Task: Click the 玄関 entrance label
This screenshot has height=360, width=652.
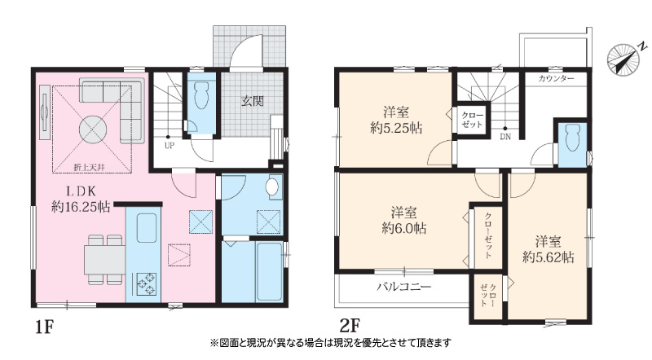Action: click(x=253, y=101)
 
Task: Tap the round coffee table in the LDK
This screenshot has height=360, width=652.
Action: click(x=93, y=130)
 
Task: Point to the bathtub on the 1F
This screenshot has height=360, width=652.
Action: click(x=270, y=271)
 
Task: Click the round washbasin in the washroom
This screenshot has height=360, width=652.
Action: click(x=272, y=187)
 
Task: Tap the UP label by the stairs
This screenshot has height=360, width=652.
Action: click(x=170, y=146)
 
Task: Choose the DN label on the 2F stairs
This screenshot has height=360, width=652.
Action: click(x=505, y=137)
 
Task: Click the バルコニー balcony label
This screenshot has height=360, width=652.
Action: click(x=404, y=287)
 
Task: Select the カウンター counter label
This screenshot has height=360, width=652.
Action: click(x=556, y=78)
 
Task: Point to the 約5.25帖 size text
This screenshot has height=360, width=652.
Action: click(x=396, y=128)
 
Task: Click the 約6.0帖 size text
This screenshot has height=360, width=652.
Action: click(x=403, y=229)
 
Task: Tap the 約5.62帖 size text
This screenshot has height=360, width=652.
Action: click(x=548, y=257)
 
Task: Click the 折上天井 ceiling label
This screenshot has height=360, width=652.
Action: click(x=89, y=167)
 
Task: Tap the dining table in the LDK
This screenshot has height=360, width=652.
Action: click(x=105, y=260)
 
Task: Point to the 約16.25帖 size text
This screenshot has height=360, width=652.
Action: click(x=81, y=207)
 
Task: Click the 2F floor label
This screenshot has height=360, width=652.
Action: click(x=350, y=327)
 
